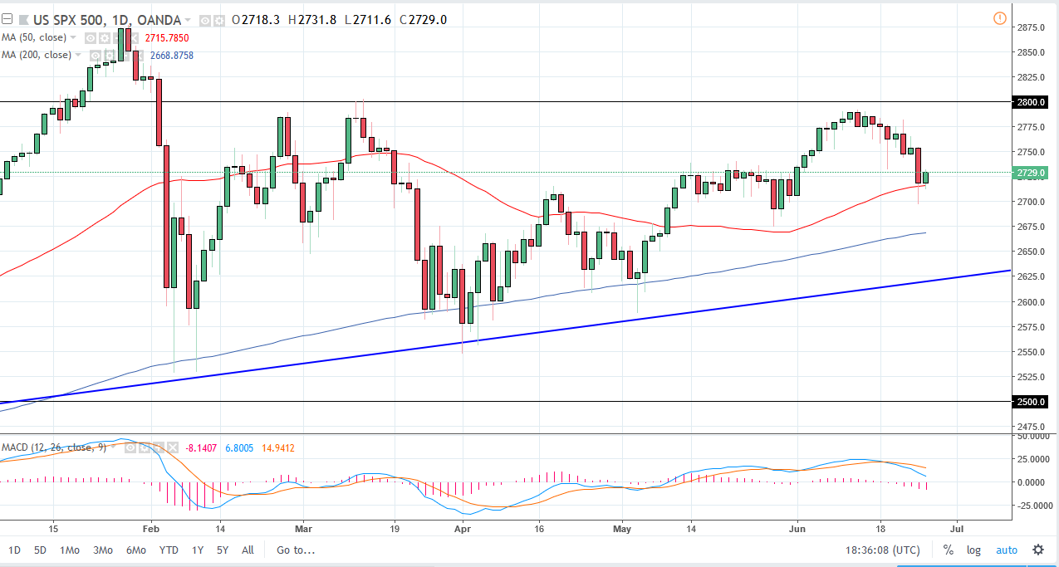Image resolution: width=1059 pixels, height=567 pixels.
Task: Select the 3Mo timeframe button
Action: point(102,550)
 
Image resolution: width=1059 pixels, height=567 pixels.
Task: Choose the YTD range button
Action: point(169,550)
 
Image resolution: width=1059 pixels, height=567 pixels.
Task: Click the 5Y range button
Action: point(222,550)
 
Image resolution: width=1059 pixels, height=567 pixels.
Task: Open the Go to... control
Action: point(296,550)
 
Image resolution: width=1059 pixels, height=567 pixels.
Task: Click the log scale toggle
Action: point(973,550)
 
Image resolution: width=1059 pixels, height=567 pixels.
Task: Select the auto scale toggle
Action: point(1006,550)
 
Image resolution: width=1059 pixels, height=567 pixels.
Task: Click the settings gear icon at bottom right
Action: point(1038,550)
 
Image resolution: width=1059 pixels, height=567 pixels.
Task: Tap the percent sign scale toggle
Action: point(948,550)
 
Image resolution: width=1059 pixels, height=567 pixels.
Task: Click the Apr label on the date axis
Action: point(463,528)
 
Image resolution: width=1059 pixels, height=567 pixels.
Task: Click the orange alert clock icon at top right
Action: point(1000,18)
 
